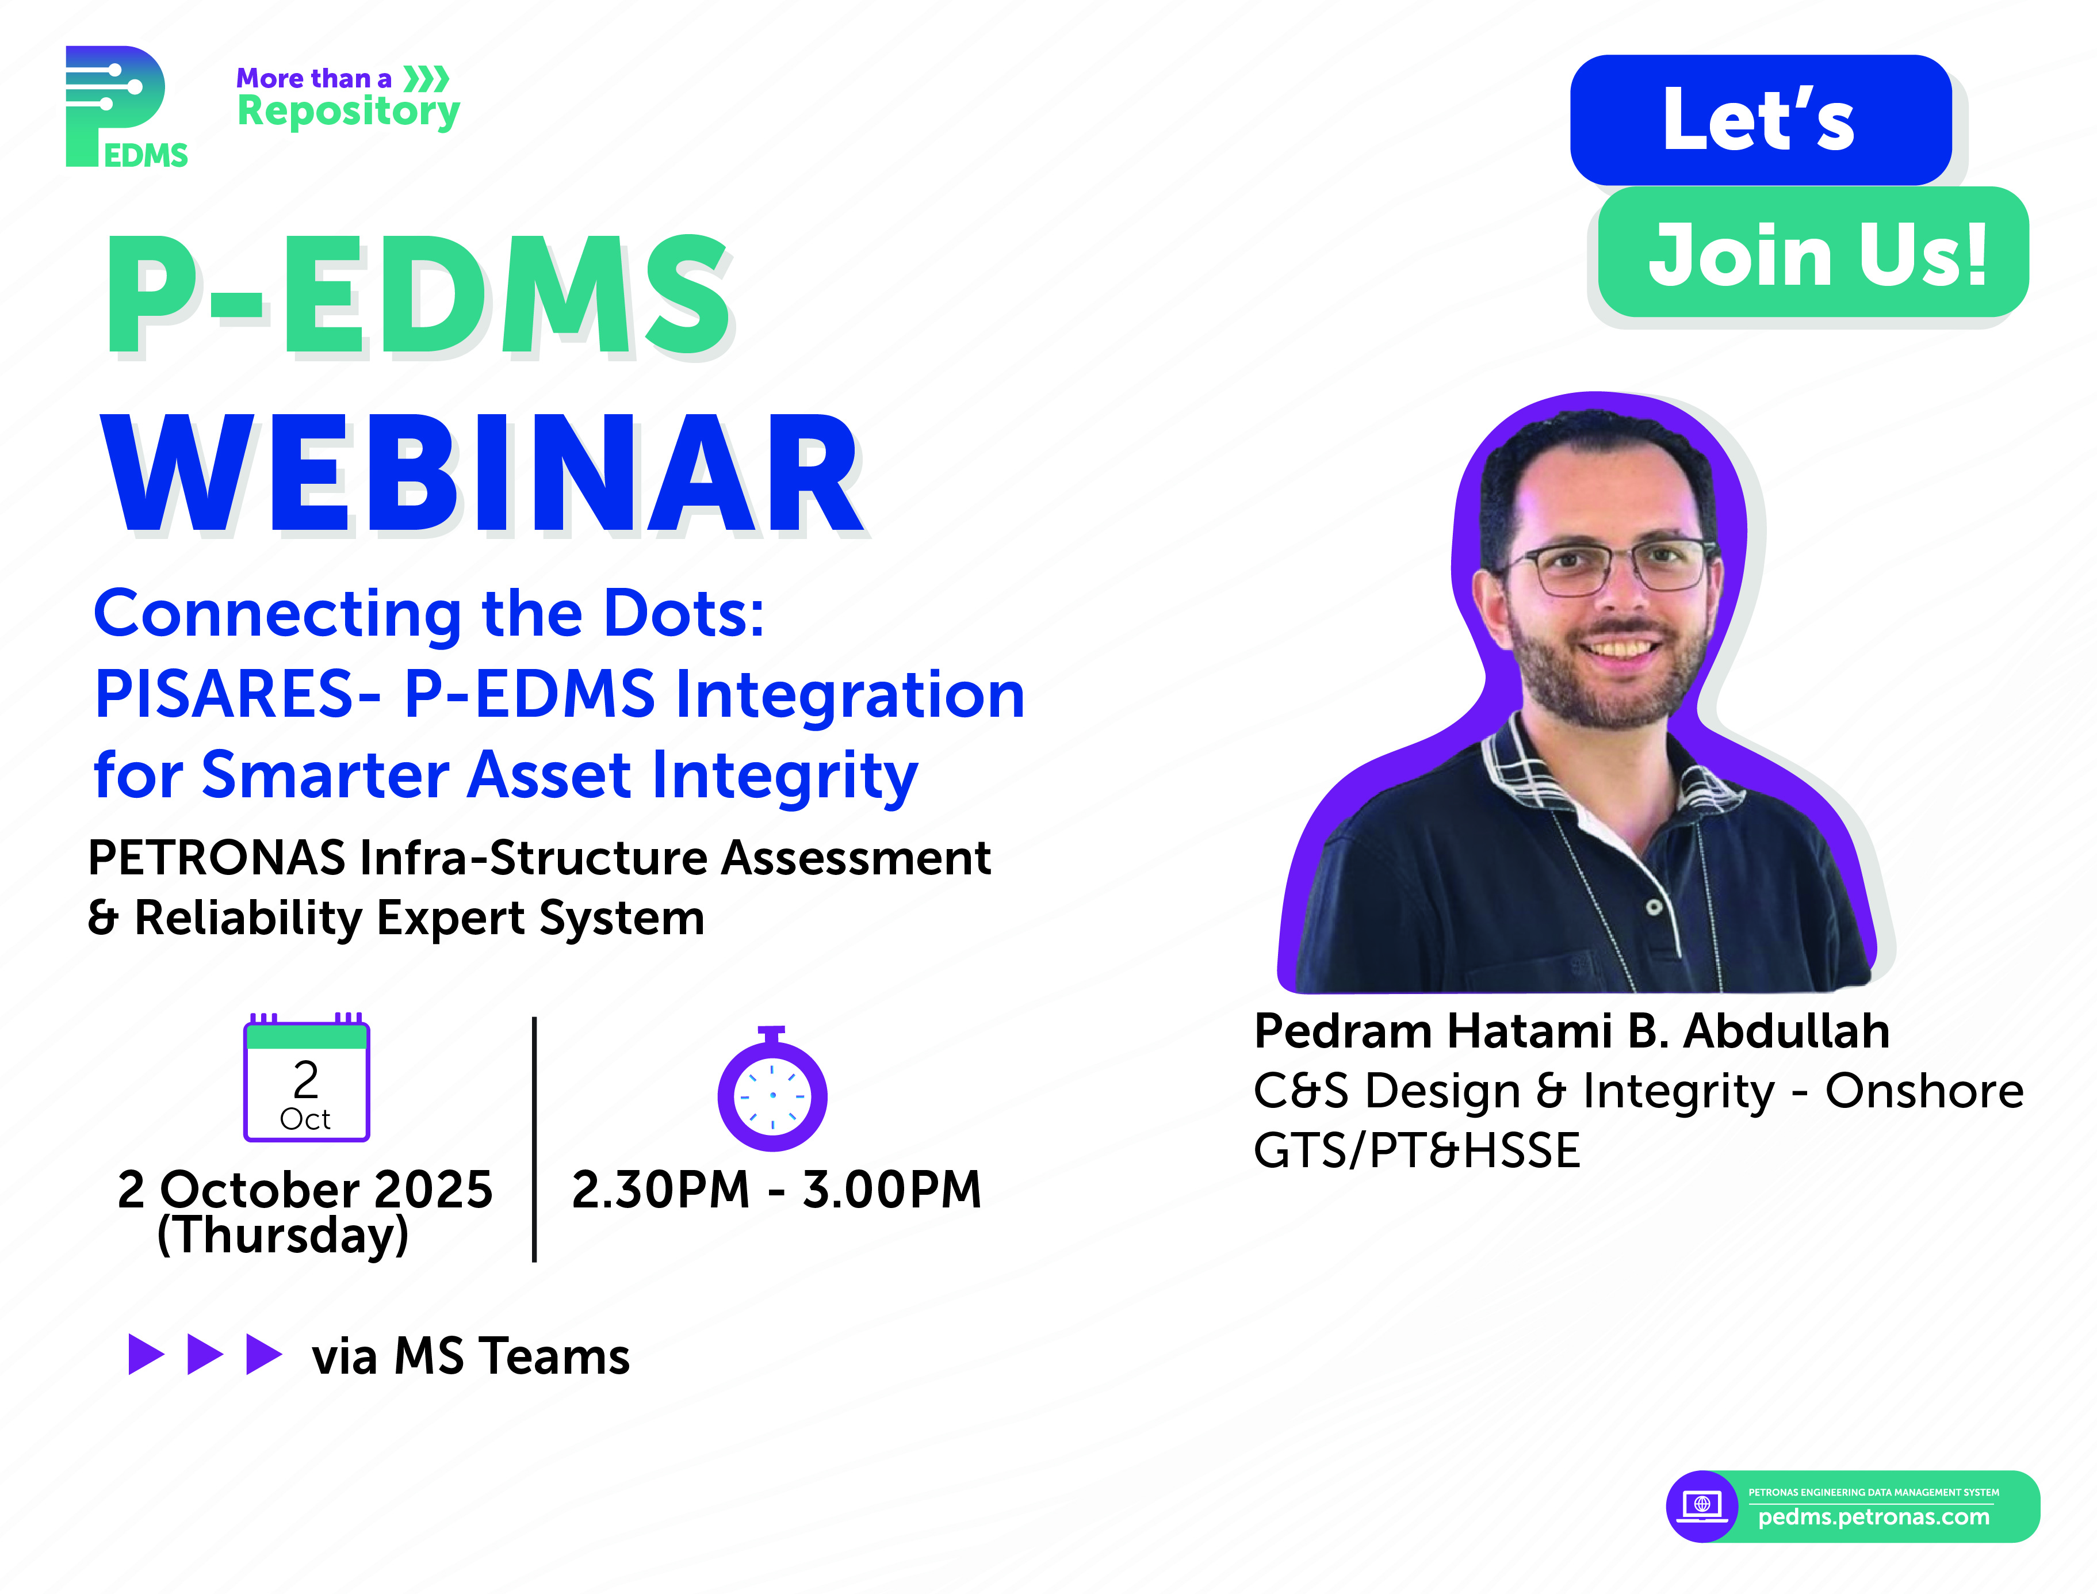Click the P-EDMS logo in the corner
[126, 106]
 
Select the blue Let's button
[1761, 120]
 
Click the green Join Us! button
[1813, 253]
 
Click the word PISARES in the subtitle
[237, 694]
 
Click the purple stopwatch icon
[772, 1090]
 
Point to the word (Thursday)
[282, 1236]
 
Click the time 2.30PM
[661, 1190]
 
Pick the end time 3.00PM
[891, 1190]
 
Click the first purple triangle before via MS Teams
[146, 1354]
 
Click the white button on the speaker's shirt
[1653, 907]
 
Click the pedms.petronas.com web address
[1874, 1517]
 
